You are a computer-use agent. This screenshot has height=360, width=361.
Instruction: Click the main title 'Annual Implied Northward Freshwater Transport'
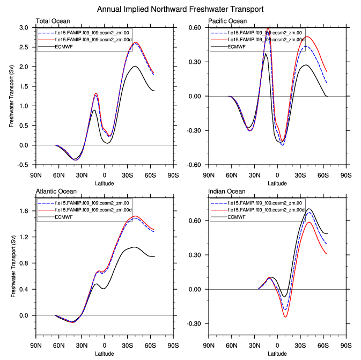click(181, 9)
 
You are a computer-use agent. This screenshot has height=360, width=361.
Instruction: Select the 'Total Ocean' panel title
click(51, 21)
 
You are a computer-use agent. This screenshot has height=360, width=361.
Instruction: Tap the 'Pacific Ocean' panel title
click(228, 21)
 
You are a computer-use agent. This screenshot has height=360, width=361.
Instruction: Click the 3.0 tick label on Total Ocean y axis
click(24, 28)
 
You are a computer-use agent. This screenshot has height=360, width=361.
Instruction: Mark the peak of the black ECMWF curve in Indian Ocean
click(309, 209)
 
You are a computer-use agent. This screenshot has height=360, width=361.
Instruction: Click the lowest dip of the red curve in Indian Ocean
click(285, 317)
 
